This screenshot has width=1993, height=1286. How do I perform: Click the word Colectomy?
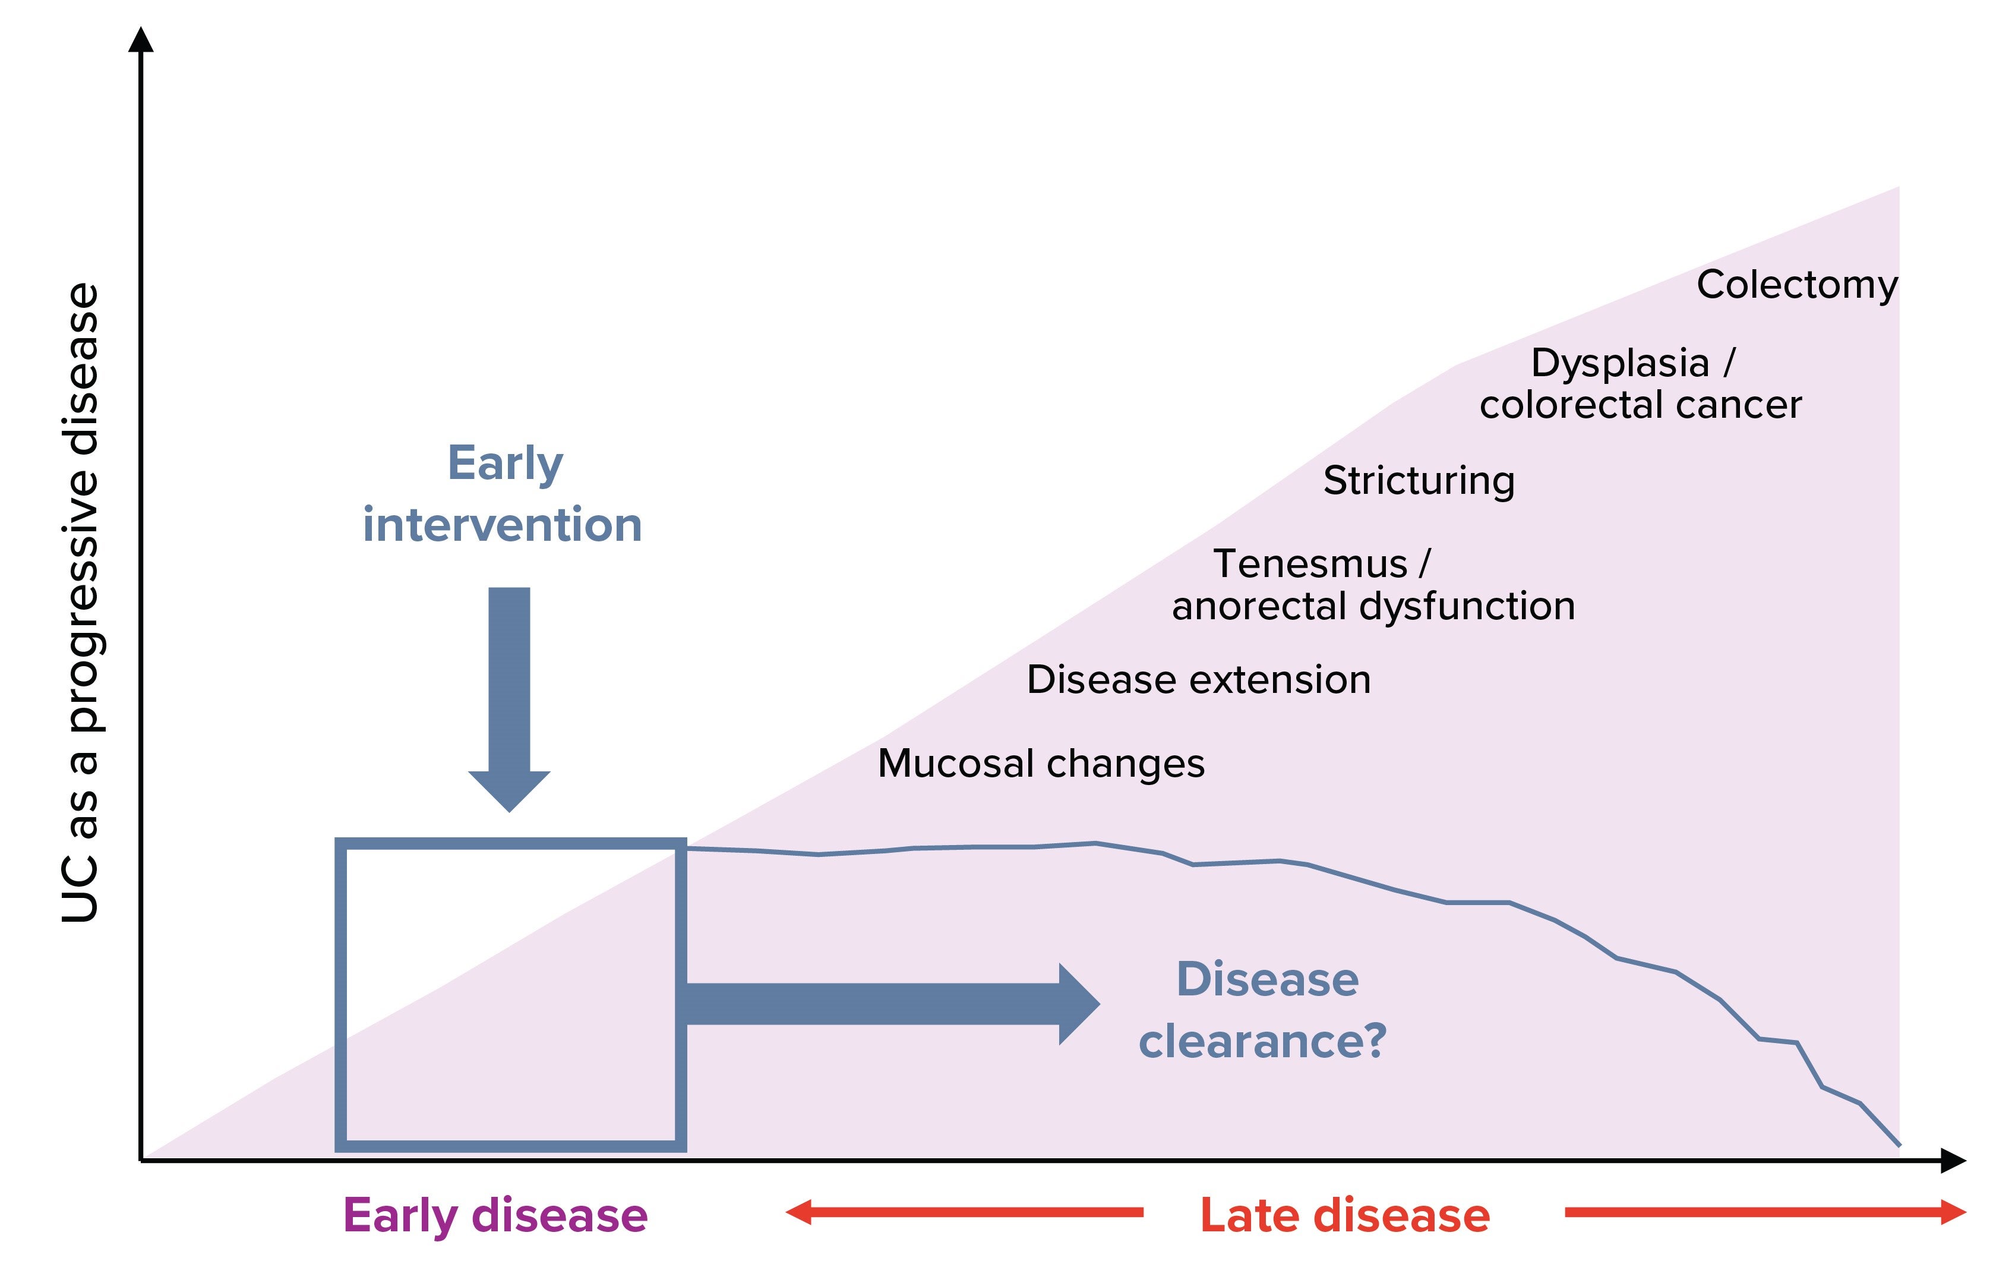[x=1797, y=286]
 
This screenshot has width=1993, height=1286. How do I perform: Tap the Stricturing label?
[x=1419, y=481]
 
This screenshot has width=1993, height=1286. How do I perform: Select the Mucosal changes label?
[x=1041, y=763]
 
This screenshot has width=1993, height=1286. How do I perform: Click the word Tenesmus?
[x=1309, y=564]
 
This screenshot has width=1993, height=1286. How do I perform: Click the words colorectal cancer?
[x=1641, y=405]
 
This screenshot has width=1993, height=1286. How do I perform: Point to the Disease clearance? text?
[x=1263, y=1010]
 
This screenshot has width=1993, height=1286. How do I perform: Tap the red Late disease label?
[x=1344, y=1216]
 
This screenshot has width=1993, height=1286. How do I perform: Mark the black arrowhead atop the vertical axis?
[x=141, y=39]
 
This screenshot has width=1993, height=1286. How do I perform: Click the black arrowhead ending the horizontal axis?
[x=1954, y=1161]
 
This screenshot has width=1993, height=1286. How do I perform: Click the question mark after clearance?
[x=1370, y=1041]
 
